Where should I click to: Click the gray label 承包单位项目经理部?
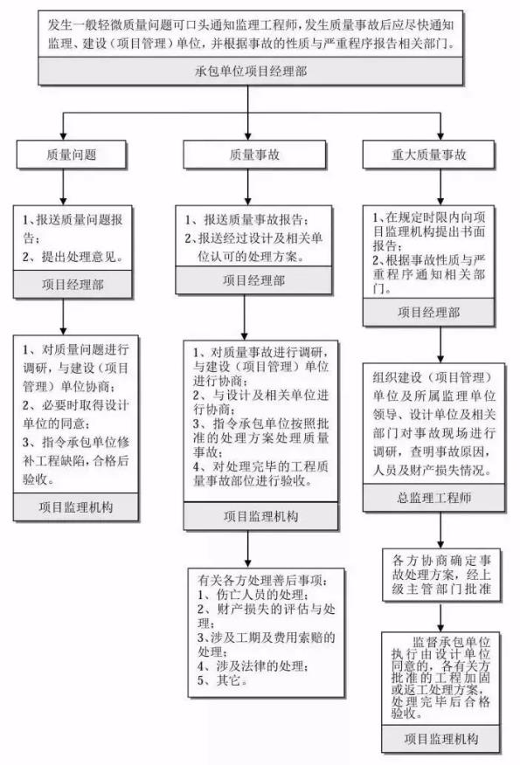[x=251, y=72]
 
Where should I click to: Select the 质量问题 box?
[x=72, y=155]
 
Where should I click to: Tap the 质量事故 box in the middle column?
[x=254, y=155]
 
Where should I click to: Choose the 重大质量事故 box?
[x=428, y=155]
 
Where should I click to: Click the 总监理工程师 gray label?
[x=433, y=498]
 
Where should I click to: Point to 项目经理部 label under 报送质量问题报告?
[x=73, y=285]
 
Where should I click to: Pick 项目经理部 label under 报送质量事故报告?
[x=254, y=280]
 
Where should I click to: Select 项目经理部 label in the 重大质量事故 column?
[x=429, y=313]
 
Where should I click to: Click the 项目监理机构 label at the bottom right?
[x=440, y=739]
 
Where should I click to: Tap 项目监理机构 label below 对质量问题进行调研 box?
[x=76, y=507]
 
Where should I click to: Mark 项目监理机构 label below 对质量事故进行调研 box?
[x=260, y=516]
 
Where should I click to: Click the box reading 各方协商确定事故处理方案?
[x=441, y=575]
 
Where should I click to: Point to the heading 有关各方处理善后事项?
[x=264, y=581]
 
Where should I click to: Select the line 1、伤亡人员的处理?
[x=253, y=595]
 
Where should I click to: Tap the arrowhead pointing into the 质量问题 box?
[x=63, y=136]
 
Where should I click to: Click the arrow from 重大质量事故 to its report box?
[x=440, y=187]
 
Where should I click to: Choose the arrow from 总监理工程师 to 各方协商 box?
[x=440, y=530]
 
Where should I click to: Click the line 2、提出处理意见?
[x=73, y=257]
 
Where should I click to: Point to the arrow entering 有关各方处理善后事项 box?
[x=247, y=549]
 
